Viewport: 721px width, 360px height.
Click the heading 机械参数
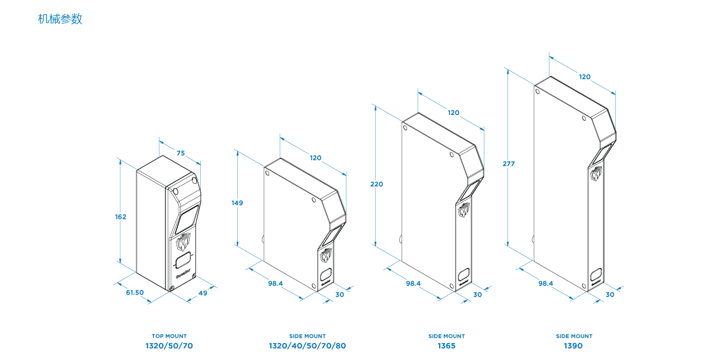[60, 19]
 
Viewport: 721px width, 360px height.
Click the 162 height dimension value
[121, 217]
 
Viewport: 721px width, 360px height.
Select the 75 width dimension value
[181, 154]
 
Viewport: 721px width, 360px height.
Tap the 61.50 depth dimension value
[135, 293]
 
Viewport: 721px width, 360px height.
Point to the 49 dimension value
[203, 293]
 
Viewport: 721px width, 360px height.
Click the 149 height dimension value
[237, 203]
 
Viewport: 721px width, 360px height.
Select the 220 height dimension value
[377, 184]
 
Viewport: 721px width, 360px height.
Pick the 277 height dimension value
[509, 164]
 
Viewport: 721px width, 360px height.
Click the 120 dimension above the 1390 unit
[585, 77]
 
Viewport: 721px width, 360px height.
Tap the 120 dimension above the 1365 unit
[453, 112]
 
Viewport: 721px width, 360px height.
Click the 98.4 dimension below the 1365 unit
[413, 283]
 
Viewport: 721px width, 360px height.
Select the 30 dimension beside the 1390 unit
[610, 294]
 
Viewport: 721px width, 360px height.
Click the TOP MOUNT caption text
[169, 336]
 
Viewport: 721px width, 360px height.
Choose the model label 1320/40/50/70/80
[307, 346]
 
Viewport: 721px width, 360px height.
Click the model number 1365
[447, 346]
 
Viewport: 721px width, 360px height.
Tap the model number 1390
[573, 346]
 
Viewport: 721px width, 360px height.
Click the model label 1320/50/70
[169, 346]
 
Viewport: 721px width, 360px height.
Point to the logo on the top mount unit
[183, 242]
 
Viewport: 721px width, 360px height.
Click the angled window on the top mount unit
[188, 218]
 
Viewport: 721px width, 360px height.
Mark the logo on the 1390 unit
[596, 174]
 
